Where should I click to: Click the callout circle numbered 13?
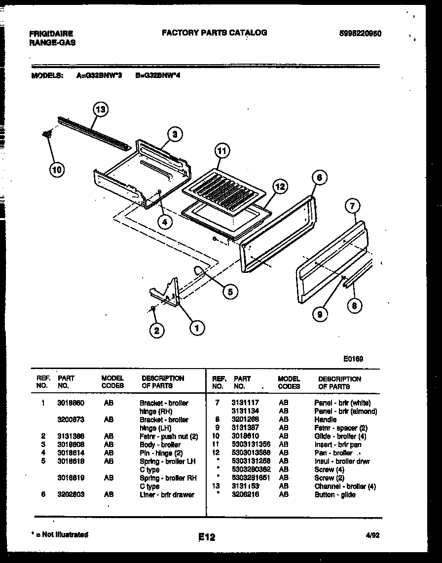[x=100, y=110]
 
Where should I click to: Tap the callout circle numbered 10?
[x=57, y=170]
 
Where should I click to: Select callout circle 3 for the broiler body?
[x=174, y=134]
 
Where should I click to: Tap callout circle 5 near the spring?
[x=229, y=292]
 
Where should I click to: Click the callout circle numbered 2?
[x=156, y=331]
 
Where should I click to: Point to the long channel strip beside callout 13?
[x=94, y=134]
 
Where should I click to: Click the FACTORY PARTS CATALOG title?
[x=215, y=33]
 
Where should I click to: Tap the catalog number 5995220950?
[x=360, y=34]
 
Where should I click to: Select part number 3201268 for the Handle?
[x=245, y=419]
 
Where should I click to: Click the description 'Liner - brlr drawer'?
[x=167, y=494]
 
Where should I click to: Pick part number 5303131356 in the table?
[x=251, y=445]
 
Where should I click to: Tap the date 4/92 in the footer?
[x=372, y=535]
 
